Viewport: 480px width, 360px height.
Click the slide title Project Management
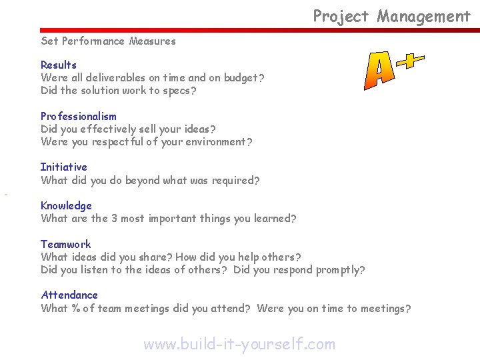[391, 16]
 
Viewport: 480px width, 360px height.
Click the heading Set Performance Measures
[108, 41]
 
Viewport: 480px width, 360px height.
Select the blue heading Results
[59, 65]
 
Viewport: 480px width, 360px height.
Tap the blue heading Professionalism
[78, 116]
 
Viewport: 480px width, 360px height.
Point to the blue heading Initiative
[63, 167]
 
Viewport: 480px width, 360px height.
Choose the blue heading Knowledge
[66, 205]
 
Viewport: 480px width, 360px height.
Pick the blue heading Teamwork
[65, 244]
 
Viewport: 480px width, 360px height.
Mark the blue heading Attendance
[69, 295]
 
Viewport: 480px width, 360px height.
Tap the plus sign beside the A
[410, 60]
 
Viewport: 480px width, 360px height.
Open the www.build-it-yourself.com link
[239, 344]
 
